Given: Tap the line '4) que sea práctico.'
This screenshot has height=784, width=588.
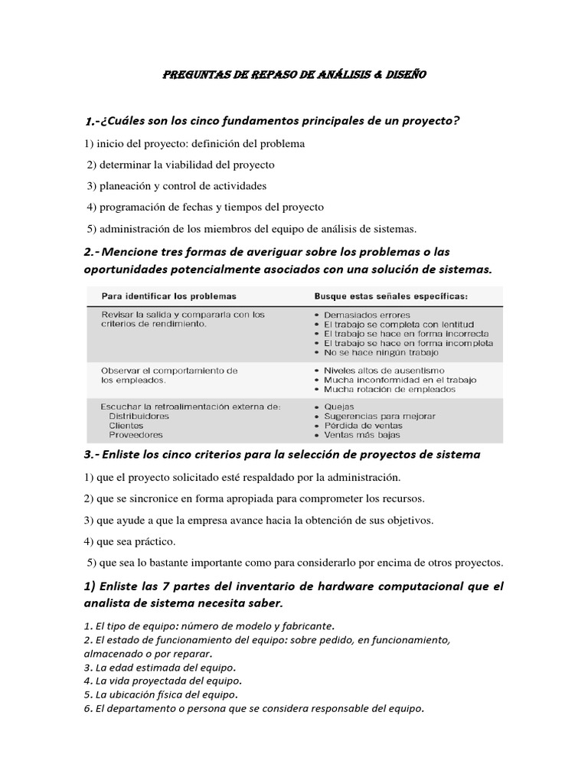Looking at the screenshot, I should [130, 541].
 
